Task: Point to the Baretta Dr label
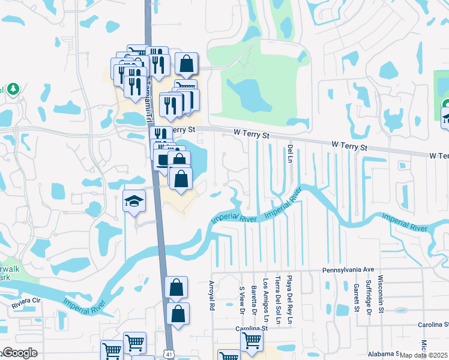254,296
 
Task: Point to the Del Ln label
290,154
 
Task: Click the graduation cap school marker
134,202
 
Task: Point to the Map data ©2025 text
423,355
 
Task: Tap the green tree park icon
12,89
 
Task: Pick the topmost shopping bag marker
187,63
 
